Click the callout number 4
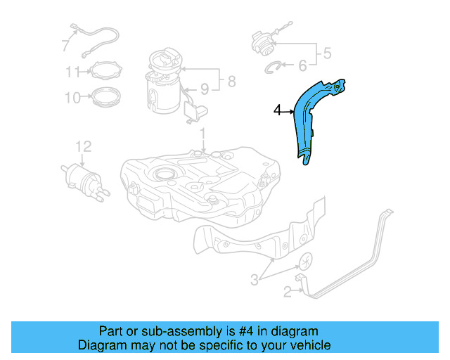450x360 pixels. (x=278, y=110)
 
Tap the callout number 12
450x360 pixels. (x=83, y=146)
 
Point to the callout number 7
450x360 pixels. (x=65, y=46)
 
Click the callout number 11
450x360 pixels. (x=73, y=72)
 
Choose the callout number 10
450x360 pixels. (x=73, y=98)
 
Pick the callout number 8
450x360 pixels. (x=231, y=82)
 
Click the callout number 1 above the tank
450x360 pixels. (x=202, y=134)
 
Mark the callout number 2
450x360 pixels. (x=287, y=291)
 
